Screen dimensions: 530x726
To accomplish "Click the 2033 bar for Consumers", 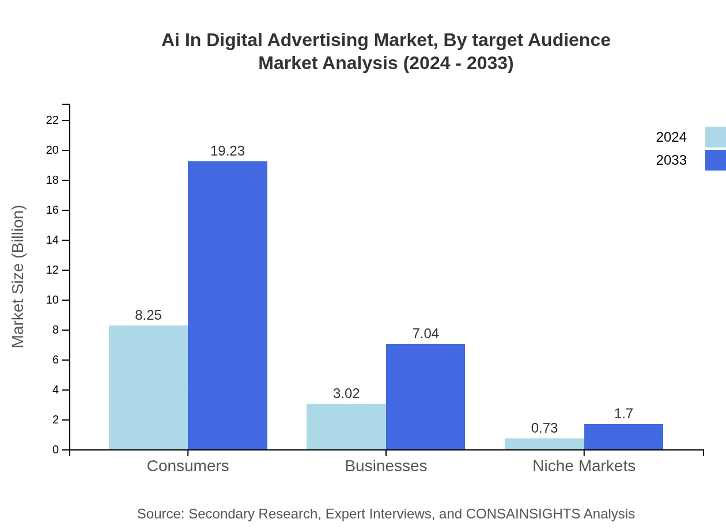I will click(x=228, y=305).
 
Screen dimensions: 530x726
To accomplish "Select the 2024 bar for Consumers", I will click(x=148, y=387).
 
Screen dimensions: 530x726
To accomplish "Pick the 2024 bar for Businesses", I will click(x=346, y=426).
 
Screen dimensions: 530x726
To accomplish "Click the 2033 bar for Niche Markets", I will click(x=623, y=437).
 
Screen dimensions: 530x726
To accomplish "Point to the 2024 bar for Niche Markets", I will click(x=544, y=444).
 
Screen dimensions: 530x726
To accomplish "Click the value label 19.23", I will click(x=228, y=151).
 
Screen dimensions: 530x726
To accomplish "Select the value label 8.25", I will click(x=148, y=315).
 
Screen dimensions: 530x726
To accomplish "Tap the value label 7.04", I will click(x=425, y=334).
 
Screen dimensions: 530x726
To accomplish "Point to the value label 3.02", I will click(x=346, y=393).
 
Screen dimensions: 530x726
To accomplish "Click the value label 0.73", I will click(x=544, y=428).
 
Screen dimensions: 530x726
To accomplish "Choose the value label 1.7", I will click(x=623, y=414).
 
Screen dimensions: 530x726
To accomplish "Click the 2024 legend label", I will click(x=671, y=137).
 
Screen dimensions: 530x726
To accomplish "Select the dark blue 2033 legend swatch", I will click(x=715, y=160).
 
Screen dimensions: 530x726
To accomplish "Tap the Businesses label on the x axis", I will click(x=385, y=465).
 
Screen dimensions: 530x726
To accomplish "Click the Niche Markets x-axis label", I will click(x=584, y=465).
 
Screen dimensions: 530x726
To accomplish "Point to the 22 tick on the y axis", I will click(x=52, y=120).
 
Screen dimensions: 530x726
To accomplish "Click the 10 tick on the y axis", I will click(x=52, y=300).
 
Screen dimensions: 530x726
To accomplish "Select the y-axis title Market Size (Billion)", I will click(x=18, y=277).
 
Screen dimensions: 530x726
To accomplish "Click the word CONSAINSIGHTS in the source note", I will click(x=522, y=513).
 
